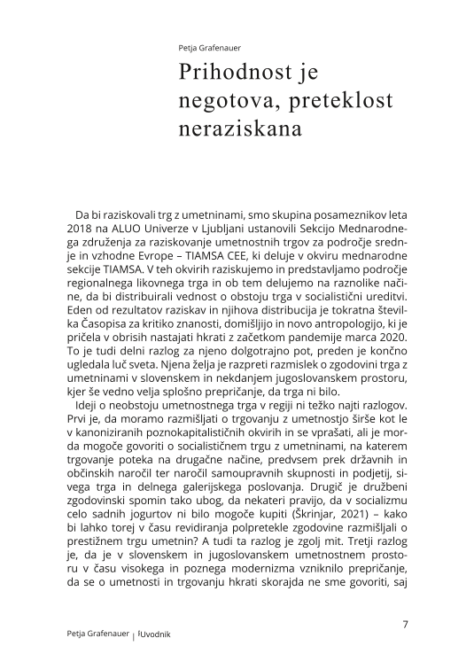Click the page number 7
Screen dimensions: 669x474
point(406,624)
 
